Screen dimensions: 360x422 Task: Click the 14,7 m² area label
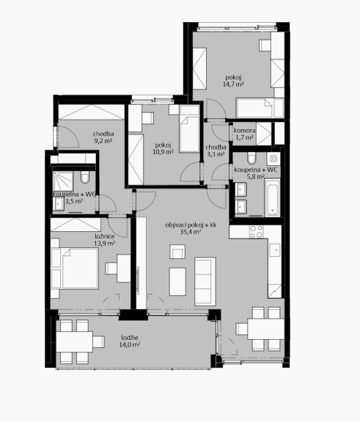[233, 84]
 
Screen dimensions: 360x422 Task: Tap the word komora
[244, 131]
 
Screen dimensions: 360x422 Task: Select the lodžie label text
[130, 338]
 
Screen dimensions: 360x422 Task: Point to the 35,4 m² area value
[191, 232]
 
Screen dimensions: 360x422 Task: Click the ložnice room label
[105, 236]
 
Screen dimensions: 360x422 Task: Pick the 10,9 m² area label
[163, 152]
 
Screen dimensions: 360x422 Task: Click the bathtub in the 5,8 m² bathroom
[272, 197]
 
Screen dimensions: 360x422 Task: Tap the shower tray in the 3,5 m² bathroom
[63, 181]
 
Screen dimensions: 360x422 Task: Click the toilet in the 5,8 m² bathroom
[251, 159]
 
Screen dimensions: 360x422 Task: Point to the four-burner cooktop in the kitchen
[256, 232]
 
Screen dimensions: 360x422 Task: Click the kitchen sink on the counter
[275, 250]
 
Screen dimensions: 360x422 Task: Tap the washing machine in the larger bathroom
[273, 159]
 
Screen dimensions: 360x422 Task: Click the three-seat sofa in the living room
[205, 281]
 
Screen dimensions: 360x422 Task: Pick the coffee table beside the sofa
[177, 282]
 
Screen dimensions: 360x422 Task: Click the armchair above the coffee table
[177, 252]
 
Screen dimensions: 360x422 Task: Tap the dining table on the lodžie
[75, 342]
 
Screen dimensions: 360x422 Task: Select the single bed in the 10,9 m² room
[189, 128]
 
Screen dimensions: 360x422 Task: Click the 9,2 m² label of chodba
[103, 140]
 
